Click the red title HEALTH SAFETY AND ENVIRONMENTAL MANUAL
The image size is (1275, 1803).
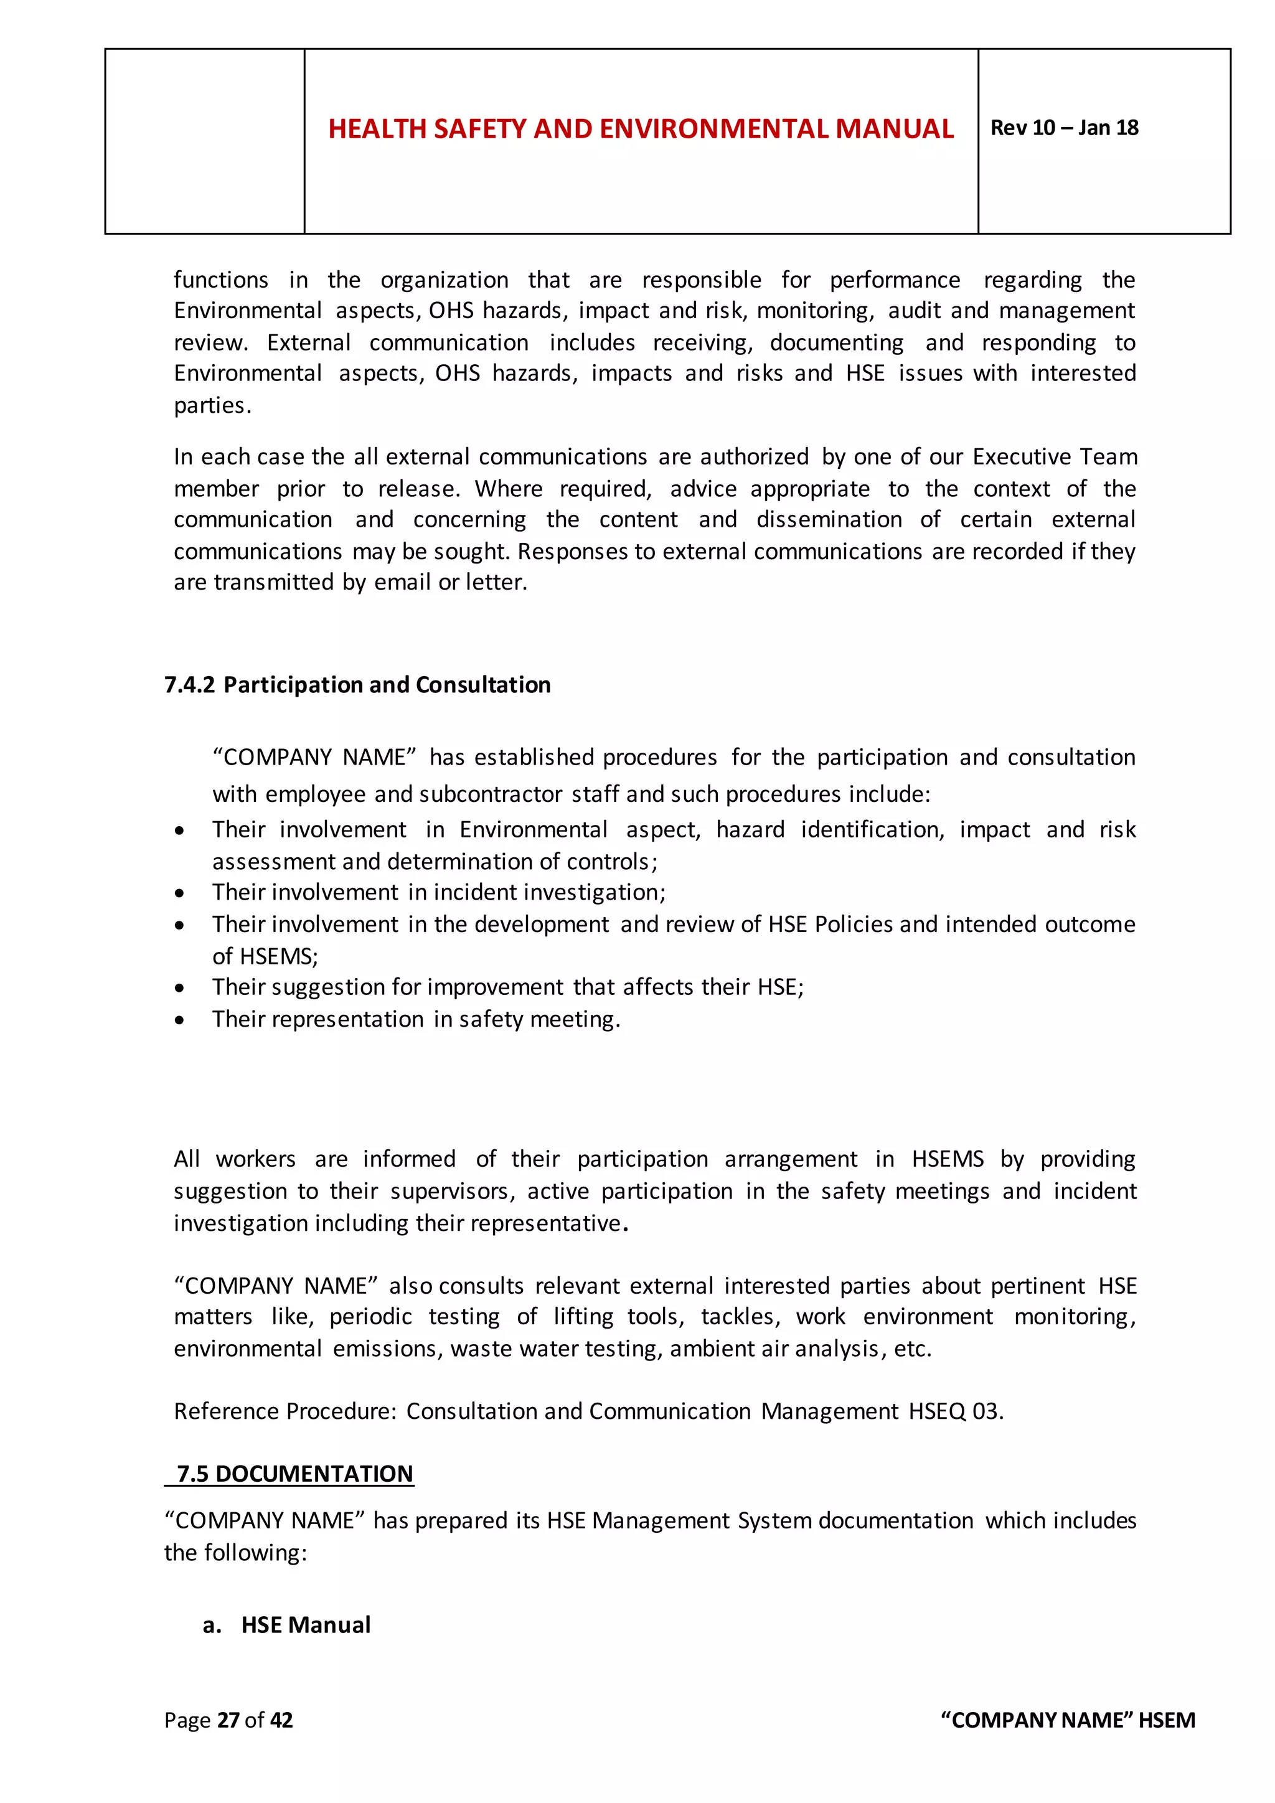tap(641, 129)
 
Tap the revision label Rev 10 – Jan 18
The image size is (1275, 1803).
tap(1064, 128)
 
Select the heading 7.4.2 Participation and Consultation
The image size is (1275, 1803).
tap(357, 685)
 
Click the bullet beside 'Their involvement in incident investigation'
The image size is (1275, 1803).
tap(180, 893)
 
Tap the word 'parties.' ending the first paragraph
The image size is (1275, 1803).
tap(212, 406)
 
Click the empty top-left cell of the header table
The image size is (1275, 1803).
tap(204, 141)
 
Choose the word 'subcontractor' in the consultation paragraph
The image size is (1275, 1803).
tap(491, 794)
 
